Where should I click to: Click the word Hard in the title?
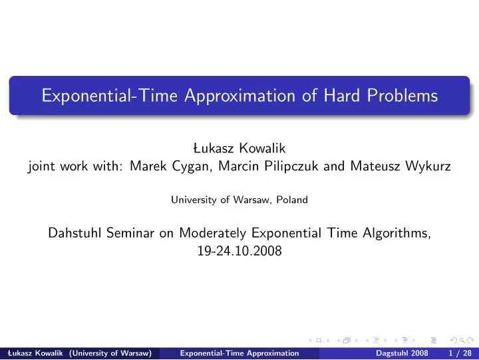tap(341, 95)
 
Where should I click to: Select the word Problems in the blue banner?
tap(402, 95)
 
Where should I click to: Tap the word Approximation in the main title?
tap(239, 96)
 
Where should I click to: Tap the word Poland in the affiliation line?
tap(292, 200)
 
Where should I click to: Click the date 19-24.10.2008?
tap(239, 251)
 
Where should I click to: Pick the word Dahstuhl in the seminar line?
tap(75, 233)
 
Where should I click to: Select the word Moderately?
tap(212, 234)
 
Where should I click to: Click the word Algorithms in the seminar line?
tap(397, 234)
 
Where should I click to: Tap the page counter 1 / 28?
tap(460, 353)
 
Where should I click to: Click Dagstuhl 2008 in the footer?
tap(402, 353)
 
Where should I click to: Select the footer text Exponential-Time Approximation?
tap(239, 353)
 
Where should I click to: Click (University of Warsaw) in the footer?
tap(110, 353)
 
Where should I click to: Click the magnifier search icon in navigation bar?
tap(462, 340)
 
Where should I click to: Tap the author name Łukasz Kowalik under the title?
tap(239, 148)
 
